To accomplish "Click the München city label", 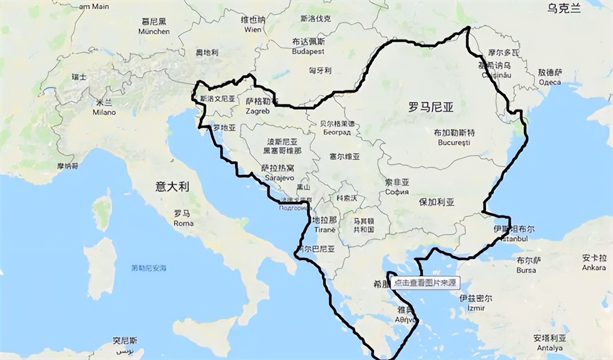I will [x=154, y=31].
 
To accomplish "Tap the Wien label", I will [x=252, y=29].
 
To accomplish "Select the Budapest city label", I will [x=308, y=51].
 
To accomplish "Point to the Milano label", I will [x=105, y=112].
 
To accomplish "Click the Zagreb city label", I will [x=257, y=111].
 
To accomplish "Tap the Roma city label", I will [x=183, y=223].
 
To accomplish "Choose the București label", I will [x=454, y=143].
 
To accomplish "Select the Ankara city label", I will [x=594, y=268].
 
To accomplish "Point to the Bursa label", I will [x=526, y=270].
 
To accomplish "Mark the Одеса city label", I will [x=549, y=82].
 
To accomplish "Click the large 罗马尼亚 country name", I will [x=431, y=108].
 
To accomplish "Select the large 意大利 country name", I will [x=172, y=186].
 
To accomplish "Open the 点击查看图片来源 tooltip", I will [x=425, y=283].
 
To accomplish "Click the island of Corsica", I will [x=102, y=210].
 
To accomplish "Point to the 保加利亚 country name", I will [x=436, y=202].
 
